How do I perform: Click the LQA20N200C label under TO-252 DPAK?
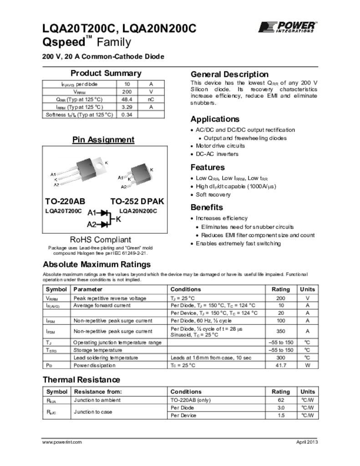[138, 211]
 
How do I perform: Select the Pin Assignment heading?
[103, 140]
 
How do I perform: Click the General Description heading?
[229, 74]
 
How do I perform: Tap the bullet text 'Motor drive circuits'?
[220, 146]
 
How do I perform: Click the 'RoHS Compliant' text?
[100, 239]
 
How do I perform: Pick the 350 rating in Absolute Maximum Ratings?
[280, 332]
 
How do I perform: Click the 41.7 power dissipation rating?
[280, 365]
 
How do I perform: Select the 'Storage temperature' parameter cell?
[98, 350]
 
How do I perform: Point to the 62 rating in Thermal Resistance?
[280, 400]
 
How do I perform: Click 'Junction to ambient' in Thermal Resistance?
[97, 400]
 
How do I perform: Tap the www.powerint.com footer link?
[62, 442]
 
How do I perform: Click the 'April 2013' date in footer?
[306, 442]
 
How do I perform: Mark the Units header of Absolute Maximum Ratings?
[307, 289]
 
